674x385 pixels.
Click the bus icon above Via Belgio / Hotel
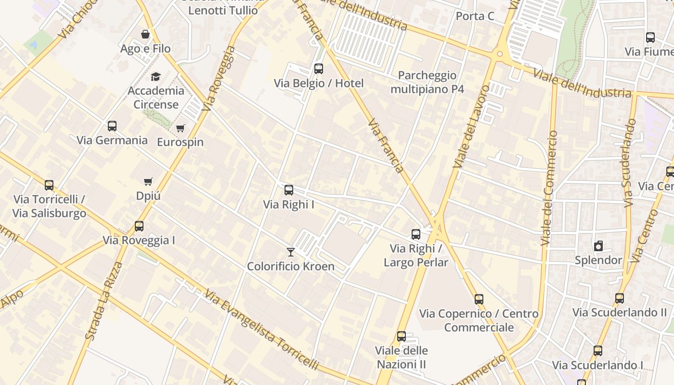click(x=318, y=69)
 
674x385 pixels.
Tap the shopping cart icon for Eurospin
click(x=181, y=128)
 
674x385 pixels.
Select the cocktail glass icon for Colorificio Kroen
click(x=290, y=252)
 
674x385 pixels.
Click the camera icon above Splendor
click(x=598, y=246)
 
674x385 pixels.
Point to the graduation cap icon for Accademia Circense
click(x=156, y=77)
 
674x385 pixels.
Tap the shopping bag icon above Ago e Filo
click(x=145, y=34)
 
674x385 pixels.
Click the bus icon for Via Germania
click(x=112, y=126)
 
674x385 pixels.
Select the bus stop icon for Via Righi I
click(x=289, y=190)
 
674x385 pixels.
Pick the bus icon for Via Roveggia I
click(x=139, y=226)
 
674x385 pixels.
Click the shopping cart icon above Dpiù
click(x=148, y=181)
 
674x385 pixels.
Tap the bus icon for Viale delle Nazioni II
click(x=402, y=336)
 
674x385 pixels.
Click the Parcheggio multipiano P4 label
click(x=427, y=82)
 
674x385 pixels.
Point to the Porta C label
click(x=475, y=16)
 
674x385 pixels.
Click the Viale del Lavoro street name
click(x=471, y=127)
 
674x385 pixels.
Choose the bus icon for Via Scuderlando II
click(x=620, y=298)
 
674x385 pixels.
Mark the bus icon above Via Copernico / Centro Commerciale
click(x=479, y=299)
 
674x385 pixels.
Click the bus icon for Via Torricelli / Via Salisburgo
click(x=49, y=185)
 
